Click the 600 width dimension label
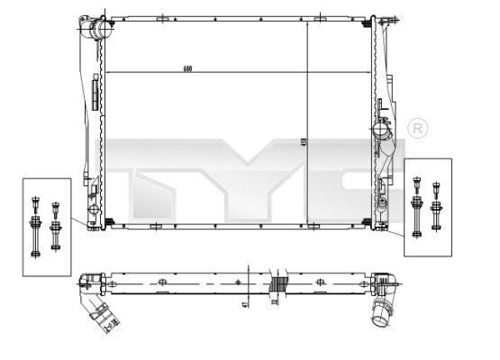click(x=186, y=68)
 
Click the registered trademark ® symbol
click(x=417, y=128)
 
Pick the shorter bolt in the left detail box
click(x=56, y=225)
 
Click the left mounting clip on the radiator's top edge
click(x=161, y=17)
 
